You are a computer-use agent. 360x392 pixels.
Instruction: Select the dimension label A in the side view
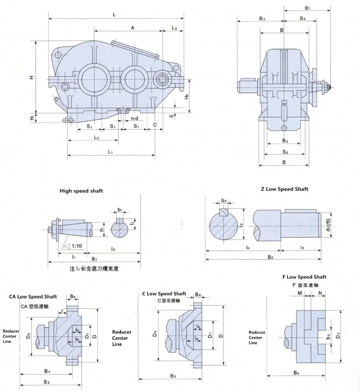point(132,27)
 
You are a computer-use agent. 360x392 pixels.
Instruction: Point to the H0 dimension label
point(186,97)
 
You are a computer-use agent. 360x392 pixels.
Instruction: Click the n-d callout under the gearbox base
point(135,119)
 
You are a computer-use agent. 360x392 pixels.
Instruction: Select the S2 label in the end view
point(284,152)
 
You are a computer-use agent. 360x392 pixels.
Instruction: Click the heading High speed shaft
point(81,190)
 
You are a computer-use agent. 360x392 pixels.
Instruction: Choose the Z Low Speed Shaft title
point(284,189)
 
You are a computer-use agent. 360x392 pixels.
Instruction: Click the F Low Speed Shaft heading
point(304,277)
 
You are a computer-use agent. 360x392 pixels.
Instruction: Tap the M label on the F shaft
point(300,292)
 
